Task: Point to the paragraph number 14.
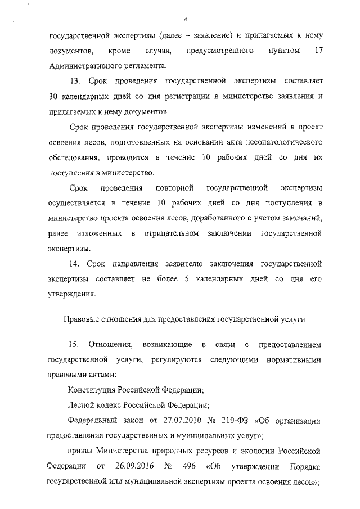pyautogui.click(x=74, y=263)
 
